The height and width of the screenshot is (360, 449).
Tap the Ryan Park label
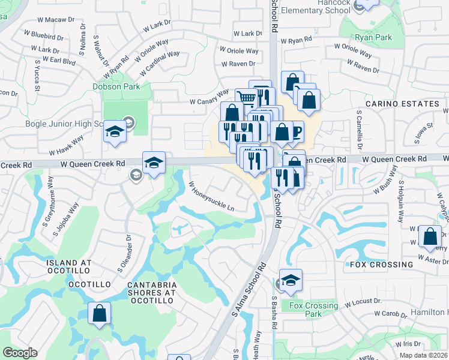pos(373,37)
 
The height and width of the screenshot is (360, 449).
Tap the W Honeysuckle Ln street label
pos(211,196)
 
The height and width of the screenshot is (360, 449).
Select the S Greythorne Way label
pos(49,201)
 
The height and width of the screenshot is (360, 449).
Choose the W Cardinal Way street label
pos(160,63)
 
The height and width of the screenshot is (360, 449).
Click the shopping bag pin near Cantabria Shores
pos(100,313)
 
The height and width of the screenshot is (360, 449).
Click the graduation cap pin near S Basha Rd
pos(291,280)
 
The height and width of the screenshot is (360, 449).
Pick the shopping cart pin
pos(246,98)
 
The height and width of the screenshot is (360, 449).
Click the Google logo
pos(20,353)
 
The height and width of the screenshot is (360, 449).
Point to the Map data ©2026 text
pos(423,355)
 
